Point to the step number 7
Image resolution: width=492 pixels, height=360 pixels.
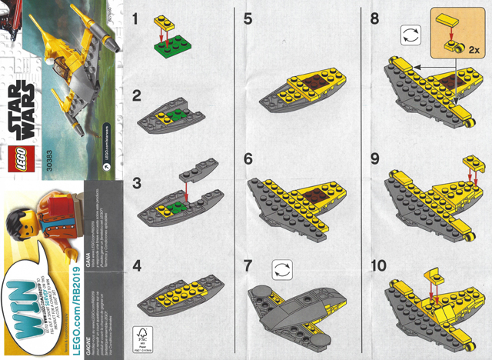248,266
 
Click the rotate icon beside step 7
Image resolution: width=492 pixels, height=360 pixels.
281,269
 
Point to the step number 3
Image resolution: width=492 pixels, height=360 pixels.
136,184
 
